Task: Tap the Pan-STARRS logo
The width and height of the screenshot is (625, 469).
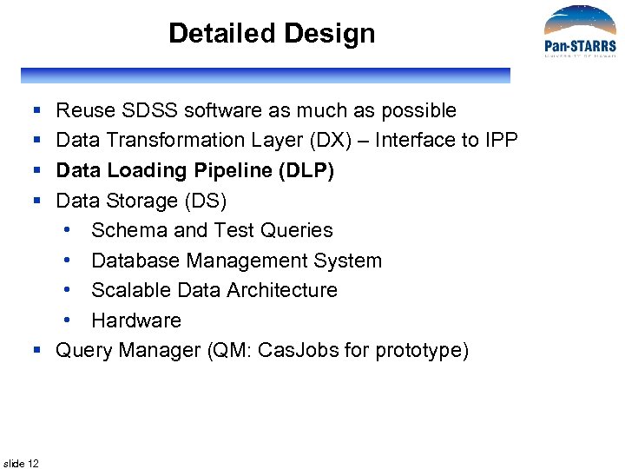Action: coord(579,33)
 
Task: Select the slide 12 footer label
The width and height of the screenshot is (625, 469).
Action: coord(21,463)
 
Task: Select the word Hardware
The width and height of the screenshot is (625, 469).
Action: coord(136,320)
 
